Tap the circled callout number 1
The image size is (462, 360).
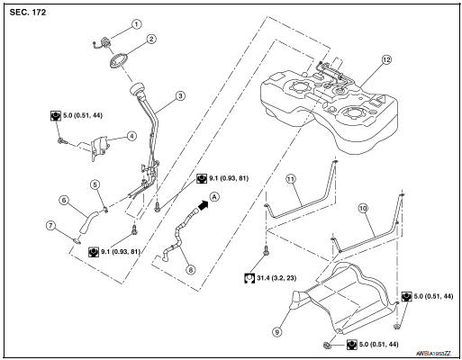click(137, 23)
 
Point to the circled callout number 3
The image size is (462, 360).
click(179, 95)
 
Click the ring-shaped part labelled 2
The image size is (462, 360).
click(117, 63)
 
